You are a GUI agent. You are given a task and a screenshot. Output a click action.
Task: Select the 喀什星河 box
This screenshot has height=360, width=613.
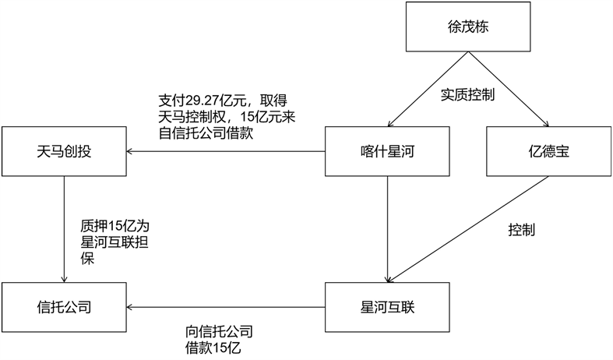coord(387,151)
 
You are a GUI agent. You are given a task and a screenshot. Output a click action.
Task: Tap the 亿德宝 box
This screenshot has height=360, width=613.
coord(548,151)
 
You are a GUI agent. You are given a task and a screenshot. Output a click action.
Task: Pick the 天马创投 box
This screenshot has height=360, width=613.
coord(64,151)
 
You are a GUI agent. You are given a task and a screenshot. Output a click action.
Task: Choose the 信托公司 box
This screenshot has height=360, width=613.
coord(64,306)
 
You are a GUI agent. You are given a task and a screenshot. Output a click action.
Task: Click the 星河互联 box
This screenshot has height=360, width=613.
coord(387,306)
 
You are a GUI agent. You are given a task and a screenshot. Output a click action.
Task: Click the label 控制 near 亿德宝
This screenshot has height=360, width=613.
coord(522,231)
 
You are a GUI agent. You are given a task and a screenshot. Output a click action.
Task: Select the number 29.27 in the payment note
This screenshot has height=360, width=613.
coord(203,101)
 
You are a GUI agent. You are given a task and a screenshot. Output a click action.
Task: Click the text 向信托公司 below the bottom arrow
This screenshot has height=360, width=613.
coord(220,331)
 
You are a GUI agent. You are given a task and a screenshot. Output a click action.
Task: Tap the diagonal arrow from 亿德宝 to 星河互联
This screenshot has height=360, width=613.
coord(467,230)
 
